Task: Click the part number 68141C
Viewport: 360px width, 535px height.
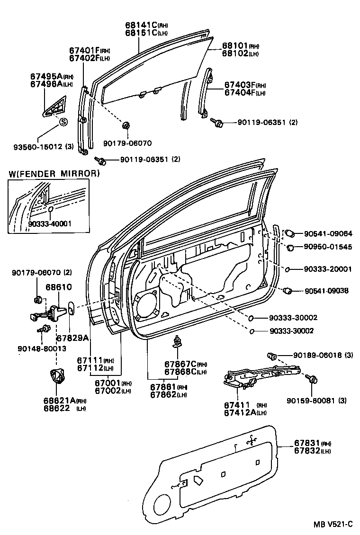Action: click(x=141, y=25)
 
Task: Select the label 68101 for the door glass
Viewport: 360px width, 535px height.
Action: click(x=234, y=46)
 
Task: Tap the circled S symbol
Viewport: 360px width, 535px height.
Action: click(x=63, y=122)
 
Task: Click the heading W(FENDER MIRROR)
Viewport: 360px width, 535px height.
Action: click(x=54, y=174)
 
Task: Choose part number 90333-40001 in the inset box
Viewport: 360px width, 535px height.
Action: click(x=50, y=223)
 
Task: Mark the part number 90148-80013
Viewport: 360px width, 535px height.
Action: click(x=42, y=348)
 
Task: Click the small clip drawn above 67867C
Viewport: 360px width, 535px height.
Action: click(x=179, y=340)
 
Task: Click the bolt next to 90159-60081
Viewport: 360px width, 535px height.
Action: click(x=313, y=379)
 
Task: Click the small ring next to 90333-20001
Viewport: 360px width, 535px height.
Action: click(x=288, y=269)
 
